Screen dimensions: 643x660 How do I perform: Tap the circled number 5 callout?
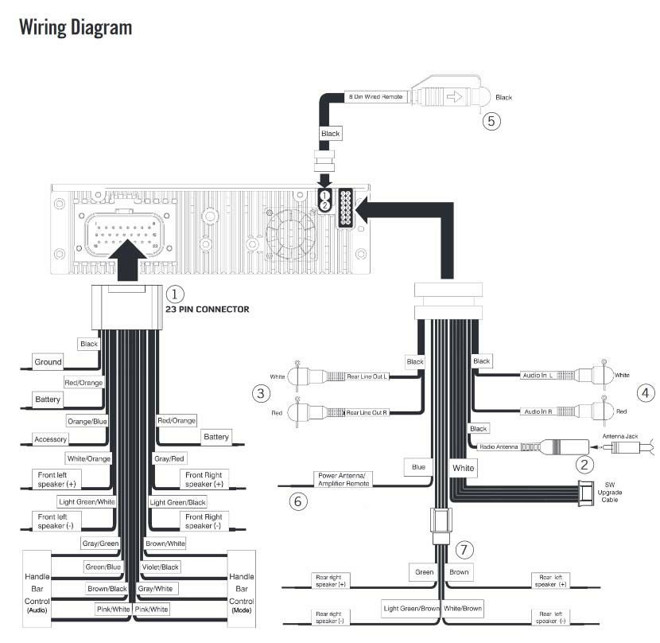[x=491, y=121]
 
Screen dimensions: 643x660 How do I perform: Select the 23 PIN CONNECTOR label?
[x=206, y=310]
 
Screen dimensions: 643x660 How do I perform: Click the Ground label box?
[x=48, y=362]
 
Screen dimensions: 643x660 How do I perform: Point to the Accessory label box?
[x=50, y=438]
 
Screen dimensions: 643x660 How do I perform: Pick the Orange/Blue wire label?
[x=87, y=421]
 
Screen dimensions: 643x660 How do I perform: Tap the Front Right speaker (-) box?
[x=204, y=522]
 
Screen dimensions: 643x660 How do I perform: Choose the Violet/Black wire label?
[x=161, y=567]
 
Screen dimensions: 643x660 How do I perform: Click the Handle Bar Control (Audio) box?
[x=37, y=593]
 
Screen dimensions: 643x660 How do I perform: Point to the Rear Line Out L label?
[x=367, y=376]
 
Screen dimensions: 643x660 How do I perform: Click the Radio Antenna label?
[x=499, y=447]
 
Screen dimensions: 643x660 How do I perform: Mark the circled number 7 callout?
[x=465, y=549]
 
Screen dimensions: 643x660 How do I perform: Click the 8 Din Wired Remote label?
[x=378, y=96]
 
